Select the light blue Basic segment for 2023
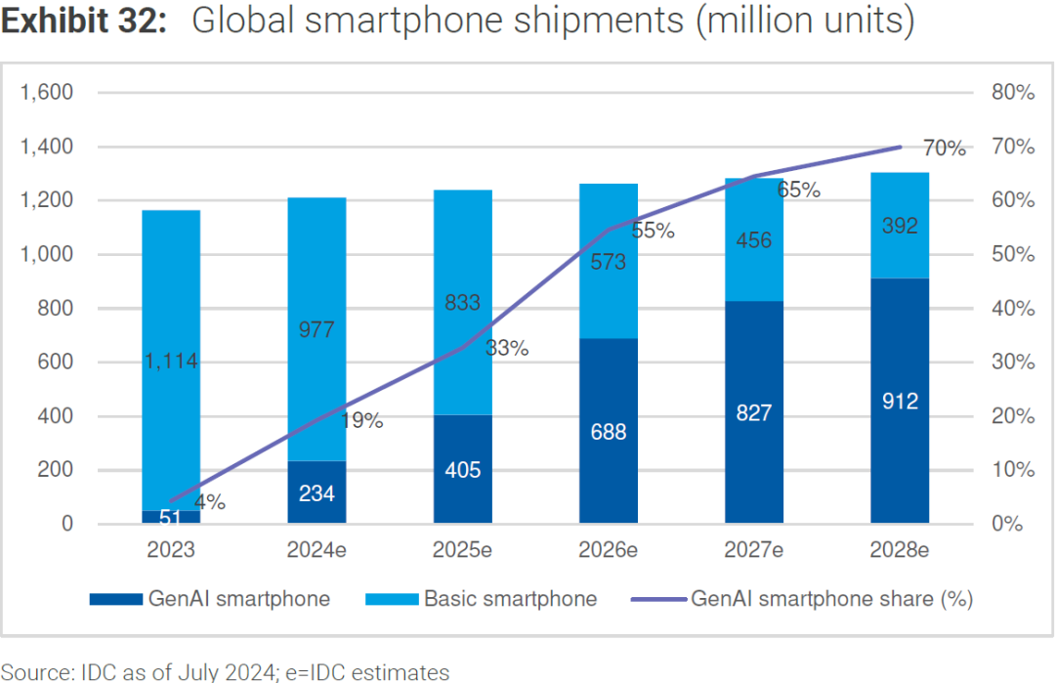(x=171, y=293)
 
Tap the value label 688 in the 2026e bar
(x=609, y=432)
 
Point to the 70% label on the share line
(x=944, y=149)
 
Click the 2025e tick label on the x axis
(x=462, y=550)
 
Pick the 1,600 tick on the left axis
(x=47, y=93)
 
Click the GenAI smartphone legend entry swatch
(x=114, y=598)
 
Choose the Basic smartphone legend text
(x=510, y=598)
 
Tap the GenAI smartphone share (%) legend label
(x=831, y=598)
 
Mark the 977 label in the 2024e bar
(x=316, y=330)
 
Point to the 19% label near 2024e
(x=362, y=421)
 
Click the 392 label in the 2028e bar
(x=900, y=226)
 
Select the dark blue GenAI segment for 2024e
(x=316, y=491)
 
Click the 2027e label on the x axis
(x=754, y=550)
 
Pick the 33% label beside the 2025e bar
(x=508, y=348)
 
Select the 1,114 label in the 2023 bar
(x=171, y=362)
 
